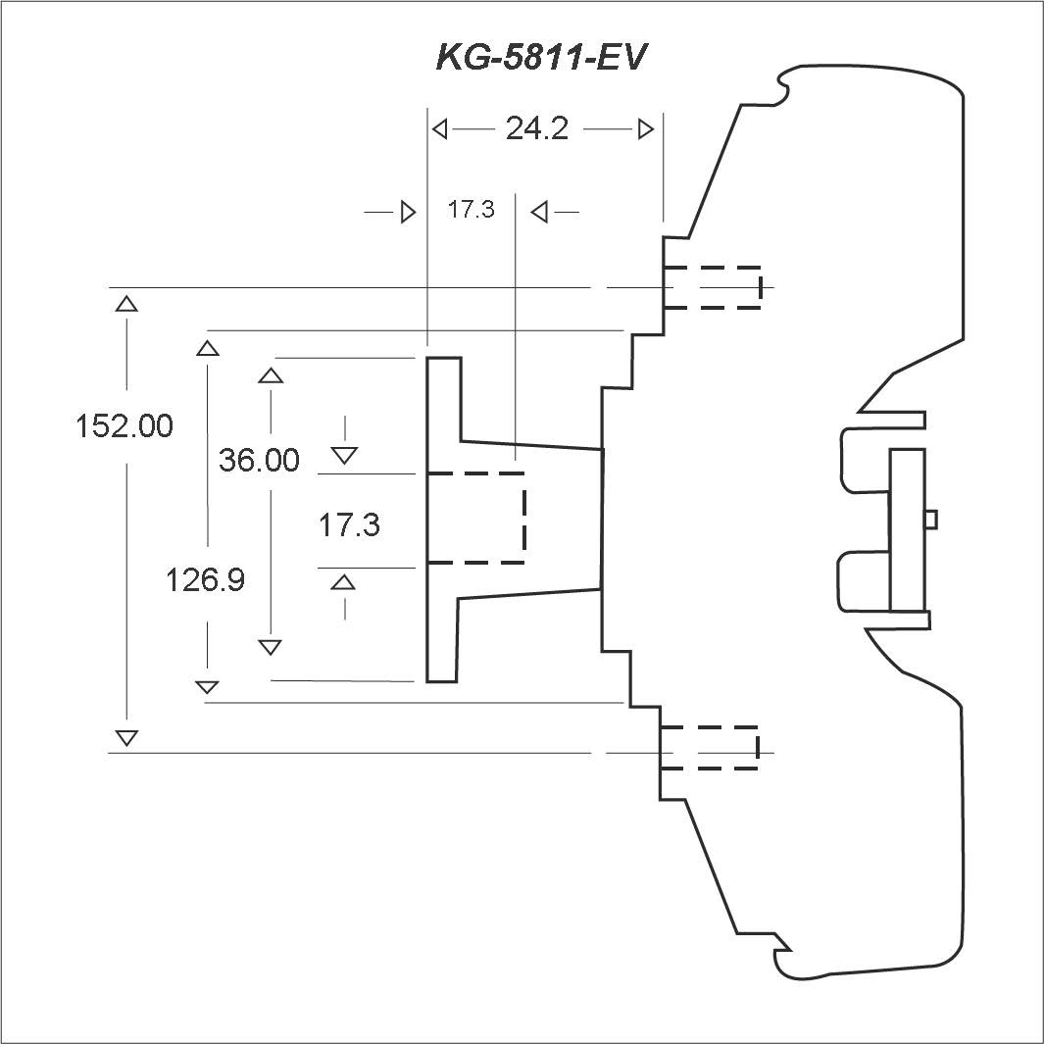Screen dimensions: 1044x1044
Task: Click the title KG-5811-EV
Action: point(542,58)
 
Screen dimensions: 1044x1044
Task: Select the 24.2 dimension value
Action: point(537,128)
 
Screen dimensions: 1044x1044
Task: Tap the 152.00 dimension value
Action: point(124,426)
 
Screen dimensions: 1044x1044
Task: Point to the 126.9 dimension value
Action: point(205,580)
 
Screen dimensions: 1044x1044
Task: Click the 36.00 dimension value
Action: point(259,460)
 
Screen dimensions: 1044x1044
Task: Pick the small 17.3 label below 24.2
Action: point(472,210)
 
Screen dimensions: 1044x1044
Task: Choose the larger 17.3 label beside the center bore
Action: point(349,525)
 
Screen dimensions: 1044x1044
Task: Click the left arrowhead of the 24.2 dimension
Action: point(440,128)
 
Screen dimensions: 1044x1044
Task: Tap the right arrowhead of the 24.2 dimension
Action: point(646,128)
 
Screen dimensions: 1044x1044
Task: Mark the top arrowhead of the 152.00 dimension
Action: point(126,303)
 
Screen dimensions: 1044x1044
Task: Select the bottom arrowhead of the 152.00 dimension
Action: point(126,737)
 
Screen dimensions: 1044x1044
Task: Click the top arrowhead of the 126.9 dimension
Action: point(208,347)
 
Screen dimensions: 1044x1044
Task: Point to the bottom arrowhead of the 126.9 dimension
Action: point(208,686)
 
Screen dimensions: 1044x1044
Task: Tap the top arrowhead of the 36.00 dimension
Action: point(271,374)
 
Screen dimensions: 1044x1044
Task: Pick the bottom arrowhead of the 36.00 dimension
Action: point(271,647)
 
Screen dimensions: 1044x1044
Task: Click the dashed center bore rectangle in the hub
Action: point(476,518)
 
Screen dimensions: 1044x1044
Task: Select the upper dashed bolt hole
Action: point(712,287)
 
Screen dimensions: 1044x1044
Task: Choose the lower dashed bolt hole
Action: point(710,748)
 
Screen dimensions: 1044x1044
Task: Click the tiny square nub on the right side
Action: point(932,518)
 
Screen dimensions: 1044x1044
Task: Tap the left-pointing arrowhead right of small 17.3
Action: point(538,211)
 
